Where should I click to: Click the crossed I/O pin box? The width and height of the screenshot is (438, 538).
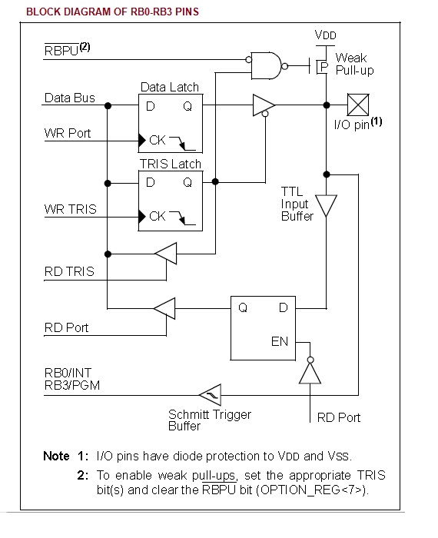point(358,105)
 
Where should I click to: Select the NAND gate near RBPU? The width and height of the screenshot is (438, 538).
point(266,65)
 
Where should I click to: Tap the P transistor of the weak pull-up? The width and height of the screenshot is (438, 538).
point(321,65)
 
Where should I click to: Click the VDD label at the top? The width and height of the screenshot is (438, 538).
point(326,35)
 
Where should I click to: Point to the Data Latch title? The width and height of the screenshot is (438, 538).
point(170,87)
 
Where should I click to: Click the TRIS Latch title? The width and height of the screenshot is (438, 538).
point(170,164)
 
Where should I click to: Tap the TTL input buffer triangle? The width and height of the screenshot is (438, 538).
point(326,205)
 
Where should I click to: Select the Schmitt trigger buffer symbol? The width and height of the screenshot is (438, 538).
point(211,395)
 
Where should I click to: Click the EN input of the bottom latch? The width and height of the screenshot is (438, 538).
point(280,341)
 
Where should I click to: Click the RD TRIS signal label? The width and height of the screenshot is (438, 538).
point(69,271)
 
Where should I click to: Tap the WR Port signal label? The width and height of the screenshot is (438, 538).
point(68,133)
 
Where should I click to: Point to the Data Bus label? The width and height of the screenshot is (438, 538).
point(70,98)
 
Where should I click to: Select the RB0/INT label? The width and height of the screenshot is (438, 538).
point(68,373)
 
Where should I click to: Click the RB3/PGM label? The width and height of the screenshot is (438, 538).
point(72,385)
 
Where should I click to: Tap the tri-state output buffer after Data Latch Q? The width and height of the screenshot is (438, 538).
point(264,105)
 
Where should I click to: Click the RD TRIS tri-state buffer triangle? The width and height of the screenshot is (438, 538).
point(166,254)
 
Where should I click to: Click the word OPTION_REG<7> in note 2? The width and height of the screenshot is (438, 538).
point(312,490)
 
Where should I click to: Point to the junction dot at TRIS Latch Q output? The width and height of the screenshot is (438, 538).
point(215,181)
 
